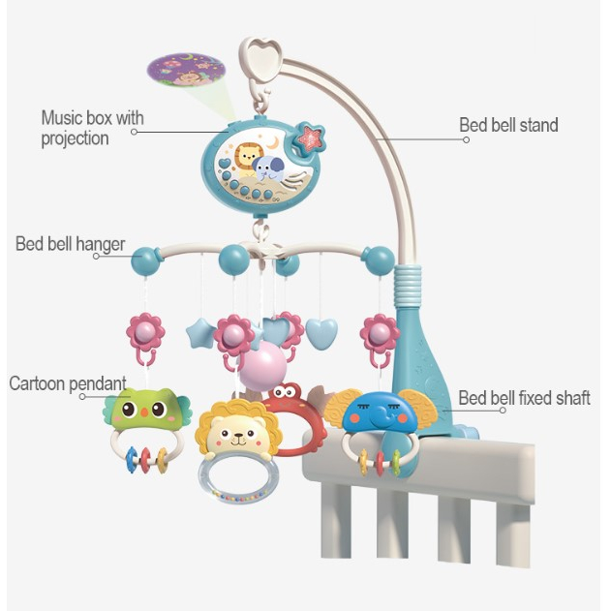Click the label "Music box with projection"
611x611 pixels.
(x=92, y=128)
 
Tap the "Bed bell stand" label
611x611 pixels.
(x=507, y=125)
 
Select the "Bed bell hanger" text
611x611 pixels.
(x=70, y=243)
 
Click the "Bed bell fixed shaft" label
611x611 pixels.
(x=524, y=398)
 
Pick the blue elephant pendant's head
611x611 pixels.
(x=374, y=412)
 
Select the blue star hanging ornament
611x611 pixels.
(x=201, y=334)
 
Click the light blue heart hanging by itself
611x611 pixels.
(x=321, y=334)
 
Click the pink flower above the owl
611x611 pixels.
(x=145, y=333)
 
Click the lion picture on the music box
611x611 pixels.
(x=248, y=157)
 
